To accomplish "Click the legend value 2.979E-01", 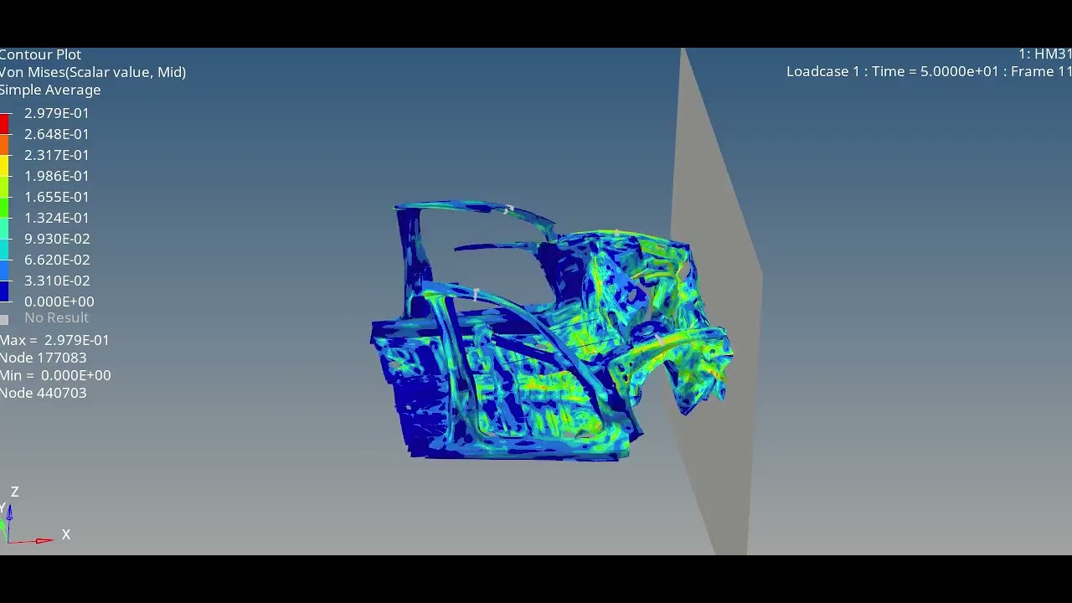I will [x=56, y=113].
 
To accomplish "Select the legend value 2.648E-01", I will [x=56, y=134].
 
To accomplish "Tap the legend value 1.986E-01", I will [x=56, y=176].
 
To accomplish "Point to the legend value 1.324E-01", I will [x=56, y=218].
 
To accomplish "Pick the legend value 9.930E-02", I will [x=56, y=239].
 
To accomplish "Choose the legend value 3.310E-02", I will [x=56, y=281].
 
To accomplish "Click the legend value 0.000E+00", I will [x=59, y=301].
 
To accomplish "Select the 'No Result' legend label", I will [x=56, y=317].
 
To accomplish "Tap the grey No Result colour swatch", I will [x=4, y=319].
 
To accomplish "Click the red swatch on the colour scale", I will [x=4, y=124].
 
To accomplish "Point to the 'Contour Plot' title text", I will [x=40, y=54].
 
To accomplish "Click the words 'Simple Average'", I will [x=50, y=90].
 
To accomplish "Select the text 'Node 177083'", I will [x=44, y=358].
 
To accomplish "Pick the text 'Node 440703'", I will [x=44, y=393].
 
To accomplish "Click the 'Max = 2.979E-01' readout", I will [x=54, y=340].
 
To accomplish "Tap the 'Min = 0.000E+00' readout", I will [x=55, y=375].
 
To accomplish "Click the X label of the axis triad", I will [x=66, y=534].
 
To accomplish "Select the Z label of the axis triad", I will [x=14, y=492].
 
